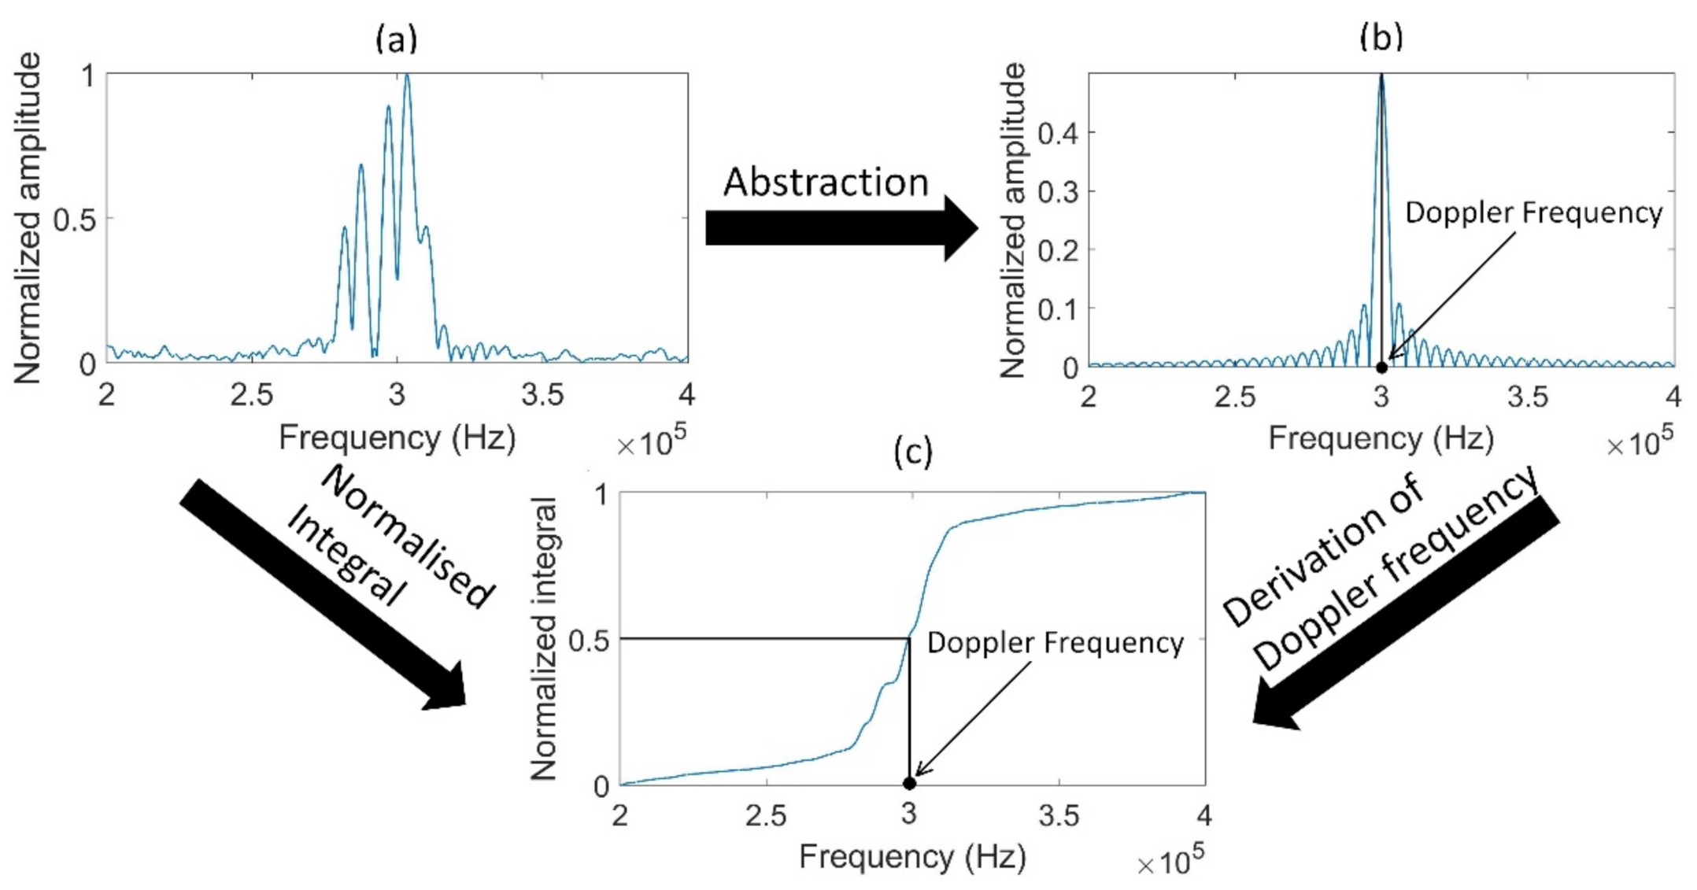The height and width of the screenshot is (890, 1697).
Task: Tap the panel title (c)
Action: click(x=913, y=452)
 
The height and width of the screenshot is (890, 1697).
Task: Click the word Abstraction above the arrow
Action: click(x=826, y=183)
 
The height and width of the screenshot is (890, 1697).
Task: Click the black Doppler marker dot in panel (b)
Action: click(x=1381, y=367)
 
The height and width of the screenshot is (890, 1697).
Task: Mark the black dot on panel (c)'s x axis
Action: click(x=909, y=784)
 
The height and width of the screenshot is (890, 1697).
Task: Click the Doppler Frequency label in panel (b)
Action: click(x=1533, y=213)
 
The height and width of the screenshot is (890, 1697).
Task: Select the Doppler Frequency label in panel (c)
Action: click(x=1055, y=643)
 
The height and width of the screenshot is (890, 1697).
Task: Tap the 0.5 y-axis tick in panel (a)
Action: click(x=74, y=220)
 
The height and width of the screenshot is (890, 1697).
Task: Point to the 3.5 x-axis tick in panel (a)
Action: click(x=542, y=395)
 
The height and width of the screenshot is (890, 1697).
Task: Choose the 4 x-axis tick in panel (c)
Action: click(x=1203, y=815)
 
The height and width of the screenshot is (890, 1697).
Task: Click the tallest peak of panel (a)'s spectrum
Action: click(x=407, y=76)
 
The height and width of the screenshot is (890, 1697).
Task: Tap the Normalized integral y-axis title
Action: click(x=544, y=639)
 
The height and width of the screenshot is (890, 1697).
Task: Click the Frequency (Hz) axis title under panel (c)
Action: click(x=912, y=856)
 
